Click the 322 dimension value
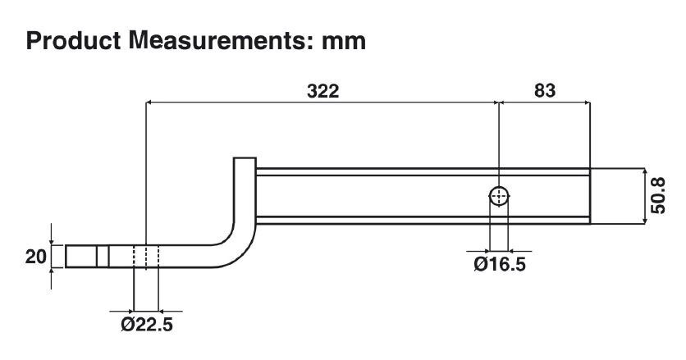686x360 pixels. (x=322, y=91)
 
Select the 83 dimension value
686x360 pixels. (x=545, y=90)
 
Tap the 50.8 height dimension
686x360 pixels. (x=658, y=195)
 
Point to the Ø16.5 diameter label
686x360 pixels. (x=500, y=264)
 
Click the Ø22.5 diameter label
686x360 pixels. (x=147, y=324)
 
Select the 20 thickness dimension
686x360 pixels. (x=35, y=257)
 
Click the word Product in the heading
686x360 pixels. (x=73, y=41)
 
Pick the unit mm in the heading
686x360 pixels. (x=344, y=43)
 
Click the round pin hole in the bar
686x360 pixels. (x=499, y=196)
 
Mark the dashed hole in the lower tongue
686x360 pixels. (x=146, y=257)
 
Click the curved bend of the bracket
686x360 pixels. (x=236, y=246)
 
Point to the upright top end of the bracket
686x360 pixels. (x=245, y=158)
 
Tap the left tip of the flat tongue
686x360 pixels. (x=66, y=257)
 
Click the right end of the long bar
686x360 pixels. (x=590, y=196)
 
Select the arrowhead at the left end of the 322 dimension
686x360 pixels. (x=149, y=103)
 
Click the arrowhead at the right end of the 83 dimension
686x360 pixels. (x=587, y=103)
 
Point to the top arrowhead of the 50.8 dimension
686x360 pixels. (x=646, y=171)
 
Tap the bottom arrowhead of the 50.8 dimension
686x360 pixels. (x=646, y=221)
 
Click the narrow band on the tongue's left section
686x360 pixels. (x=103, y=257)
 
